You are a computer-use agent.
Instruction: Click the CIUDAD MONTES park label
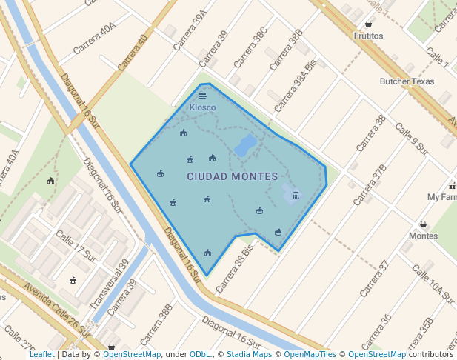click(232, 176)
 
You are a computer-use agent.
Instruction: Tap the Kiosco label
click(202, 107)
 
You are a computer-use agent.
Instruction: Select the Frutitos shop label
click(368, 36)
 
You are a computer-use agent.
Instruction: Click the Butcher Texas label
click(407, 81)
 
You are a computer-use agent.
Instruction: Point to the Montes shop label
click(424, 236)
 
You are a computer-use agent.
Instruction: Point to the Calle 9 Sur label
click(412, 139)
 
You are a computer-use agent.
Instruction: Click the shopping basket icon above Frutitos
click(368, 24)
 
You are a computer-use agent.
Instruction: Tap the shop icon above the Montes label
click(423, 224)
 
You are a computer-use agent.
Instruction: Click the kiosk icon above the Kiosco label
click(202, 96)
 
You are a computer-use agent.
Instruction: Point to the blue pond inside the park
click(245, 144)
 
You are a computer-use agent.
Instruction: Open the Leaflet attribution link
click(41, 354)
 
